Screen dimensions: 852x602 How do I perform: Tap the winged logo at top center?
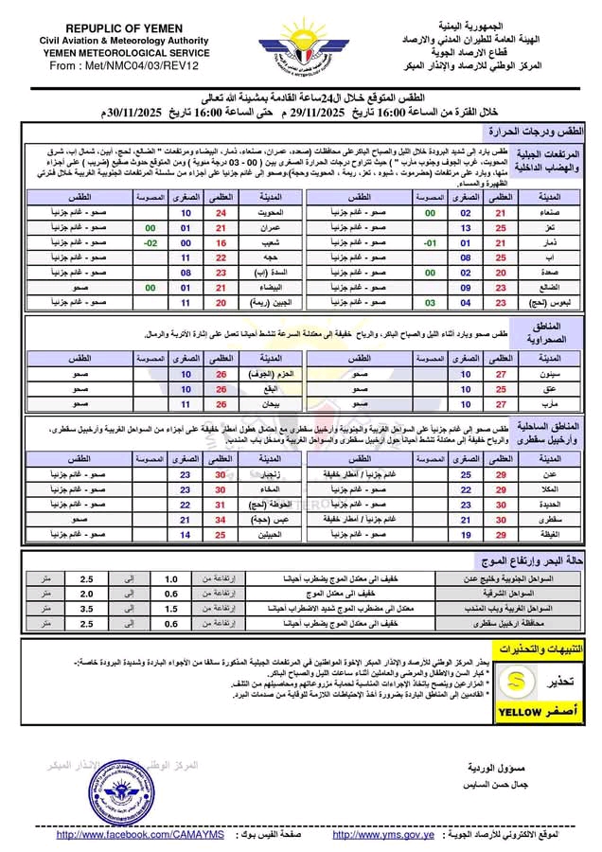click(x=300, y=48)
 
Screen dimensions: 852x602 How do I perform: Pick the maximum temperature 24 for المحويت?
click(x=222, y=214)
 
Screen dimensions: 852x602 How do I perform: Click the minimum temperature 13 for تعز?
click(x=465, y=228)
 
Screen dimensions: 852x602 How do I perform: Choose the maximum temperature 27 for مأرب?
click(x=502, y=402)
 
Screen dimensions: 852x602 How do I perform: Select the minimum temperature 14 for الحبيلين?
click(x=186, y=534)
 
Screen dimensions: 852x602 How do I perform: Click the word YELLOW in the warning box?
click(x=518, y=712)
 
